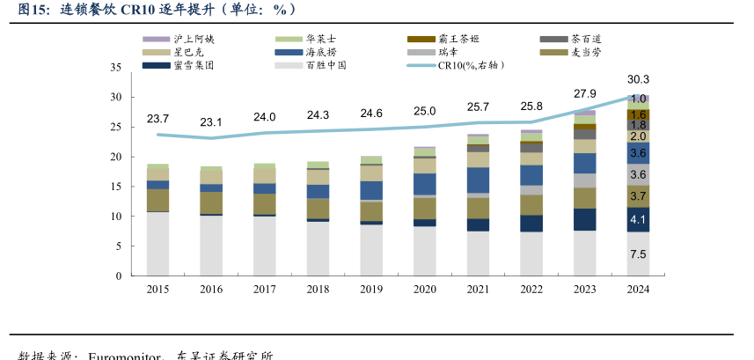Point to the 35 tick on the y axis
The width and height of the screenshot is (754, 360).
[115, 68]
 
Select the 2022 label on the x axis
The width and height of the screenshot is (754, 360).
[531, 289]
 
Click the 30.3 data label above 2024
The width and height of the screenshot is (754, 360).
[639, 80]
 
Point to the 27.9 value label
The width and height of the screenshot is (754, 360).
[584, 93]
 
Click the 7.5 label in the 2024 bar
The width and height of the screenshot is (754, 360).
[639, 254]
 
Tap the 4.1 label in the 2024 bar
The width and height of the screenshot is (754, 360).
[639, 220]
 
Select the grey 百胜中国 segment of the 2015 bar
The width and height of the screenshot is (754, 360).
[157, 244]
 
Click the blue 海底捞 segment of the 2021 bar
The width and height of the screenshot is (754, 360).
[478, 180]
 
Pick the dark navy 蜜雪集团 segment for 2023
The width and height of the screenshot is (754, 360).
[585, 219]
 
